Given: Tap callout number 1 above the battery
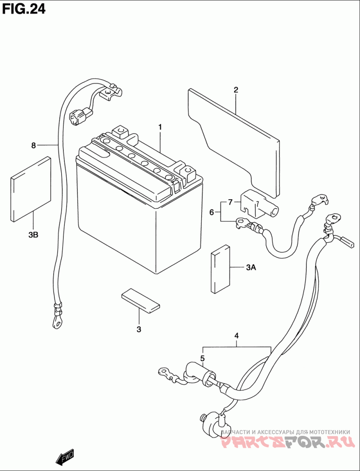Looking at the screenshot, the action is [x=160, y=127].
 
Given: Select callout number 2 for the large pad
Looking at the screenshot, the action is [x=236, y=90].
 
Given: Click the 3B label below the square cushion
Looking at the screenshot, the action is [x=33, y=235].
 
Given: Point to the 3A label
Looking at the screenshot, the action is [x=251, y=267].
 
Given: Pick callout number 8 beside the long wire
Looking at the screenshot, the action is [x=33, y=145].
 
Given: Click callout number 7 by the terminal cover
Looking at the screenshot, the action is [x=230, y=202].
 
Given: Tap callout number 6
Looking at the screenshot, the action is [x=211, y=212].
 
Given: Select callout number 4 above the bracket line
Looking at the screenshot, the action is [x=237, y=336].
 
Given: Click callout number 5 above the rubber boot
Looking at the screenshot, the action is [x=202, y=359].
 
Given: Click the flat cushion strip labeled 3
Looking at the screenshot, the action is [x=141, y=301].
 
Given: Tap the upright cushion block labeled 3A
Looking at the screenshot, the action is [x=220, y=269].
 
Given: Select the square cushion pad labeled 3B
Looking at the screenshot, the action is [x=31, y=189].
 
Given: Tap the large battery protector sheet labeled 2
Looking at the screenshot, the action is [x=234, y=143].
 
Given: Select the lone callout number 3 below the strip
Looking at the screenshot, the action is [x=139, y=329].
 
